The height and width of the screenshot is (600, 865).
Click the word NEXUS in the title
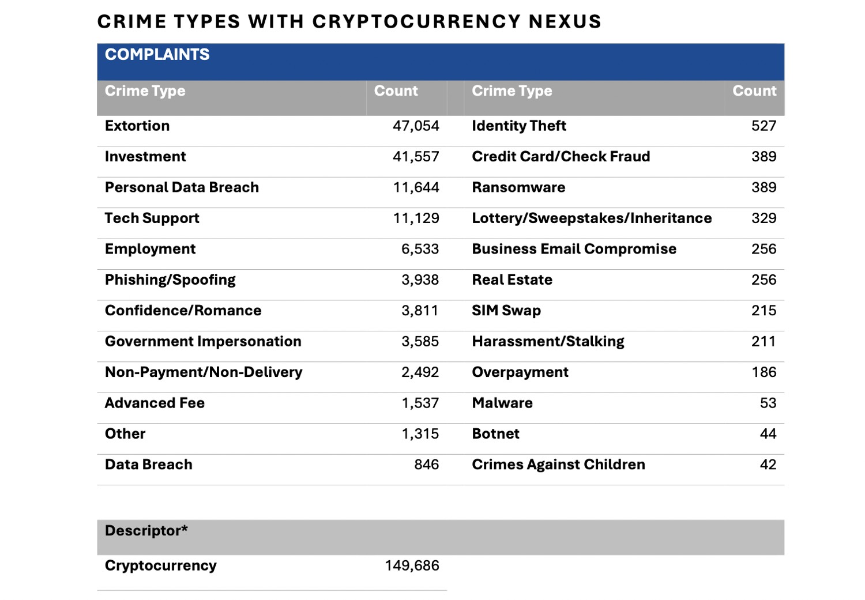565,21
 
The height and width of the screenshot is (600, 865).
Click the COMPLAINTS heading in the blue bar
157,54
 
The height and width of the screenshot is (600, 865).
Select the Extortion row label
137,126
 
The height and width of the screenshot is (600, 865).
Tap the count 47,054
416,126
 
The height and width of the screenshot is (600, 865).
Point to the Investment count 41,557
416,157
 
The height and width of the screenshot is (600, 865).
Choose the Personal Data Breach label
182,187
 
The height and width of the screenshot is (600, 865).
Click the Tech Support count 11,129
416,218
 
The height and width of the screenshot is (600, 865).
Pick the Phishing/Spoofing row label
170,280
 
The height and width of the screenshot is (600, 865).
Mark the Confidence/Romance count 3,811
420,311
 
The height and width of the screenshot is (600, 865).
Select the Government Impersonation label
203,341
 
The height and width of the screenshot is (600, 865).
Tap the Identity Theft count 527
764,126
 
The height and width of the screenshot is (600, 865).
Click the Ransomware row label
518,187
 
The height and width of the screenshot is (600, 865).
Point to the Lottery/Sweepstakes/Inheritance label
592,218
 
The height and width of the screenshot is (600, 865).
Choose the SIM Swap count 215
764,311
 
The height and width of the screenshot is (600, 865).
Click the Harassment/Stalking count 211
763,341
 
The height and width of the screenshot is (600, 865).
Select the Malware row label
502,403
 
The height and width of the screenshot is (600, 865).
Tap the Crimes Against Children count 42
768,465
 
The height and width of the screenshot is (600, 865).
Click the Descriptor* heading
146,531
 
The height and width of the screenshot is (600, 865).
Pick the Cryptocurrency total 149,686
412,566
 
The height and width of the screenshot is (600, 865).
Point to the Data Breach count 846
426,465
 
